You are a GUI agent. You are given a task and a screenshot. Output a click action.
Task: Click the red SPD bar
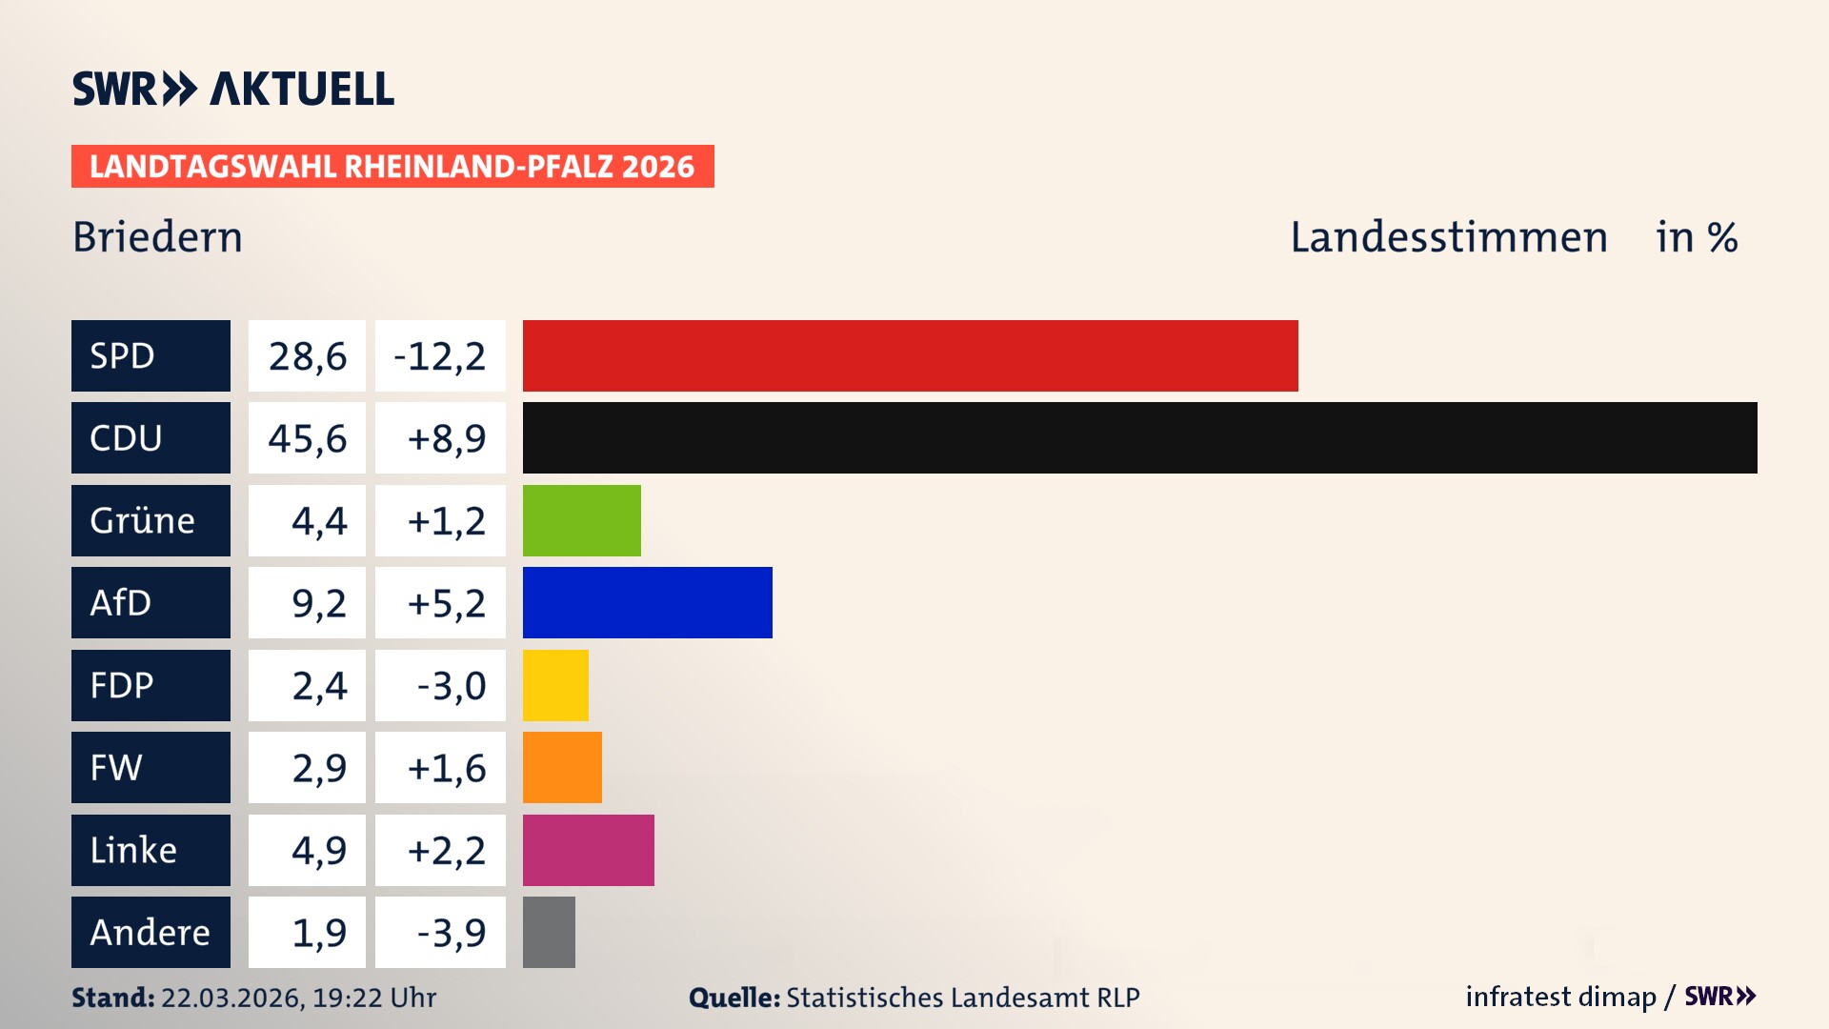click(910, 355)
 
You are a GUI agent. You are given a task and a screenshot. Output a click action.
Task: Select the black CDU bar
click(1139, 437)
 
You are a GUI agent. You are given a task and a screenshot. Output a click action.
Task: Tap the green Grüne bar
click(581, 520)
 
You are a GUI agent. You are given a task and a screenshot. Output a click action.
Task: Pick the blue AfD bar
click(647, 602)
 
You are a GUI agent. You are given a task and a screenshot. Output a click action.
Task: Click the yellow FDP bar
click(555, 685)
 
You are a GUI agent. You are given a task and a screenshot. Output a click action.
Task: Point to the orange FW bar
click(562, 767)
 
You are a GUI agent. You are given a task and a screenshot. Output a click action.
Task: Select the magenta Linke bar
click(588, 850)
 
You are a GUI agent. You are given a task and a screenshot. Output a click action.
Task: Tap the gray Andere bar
click(549, 932)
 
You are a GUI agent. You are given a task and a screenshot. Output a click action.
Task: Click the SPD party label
click(151, 355)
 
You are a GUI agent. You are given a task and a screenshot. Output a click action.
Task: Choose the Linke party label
click(151, 850)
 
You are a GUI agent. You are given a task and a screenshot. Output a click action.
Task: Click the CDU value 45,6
click(307, 438)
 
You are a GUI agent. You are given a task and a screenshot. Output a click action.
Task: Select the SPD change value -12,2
click(440, 356)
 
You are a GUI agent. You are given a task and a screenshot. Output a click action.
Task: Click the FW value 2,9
click(318, 768)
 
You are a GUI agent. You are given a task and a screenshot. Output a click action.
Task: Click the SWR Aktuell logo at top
click(233, 89)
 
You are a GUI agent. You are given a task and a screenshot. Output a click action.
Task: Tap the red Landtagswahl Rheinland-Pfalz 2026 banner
click(392, 167)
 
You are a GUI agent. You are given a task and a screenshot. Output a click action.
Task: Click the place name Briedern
click(158, 237)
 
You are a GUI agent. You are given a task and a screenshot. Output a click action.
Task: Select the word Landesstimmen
click(1448, 237)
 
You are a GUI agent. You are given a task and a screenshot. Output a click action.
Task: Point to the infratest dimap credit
click(1559, 997)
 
